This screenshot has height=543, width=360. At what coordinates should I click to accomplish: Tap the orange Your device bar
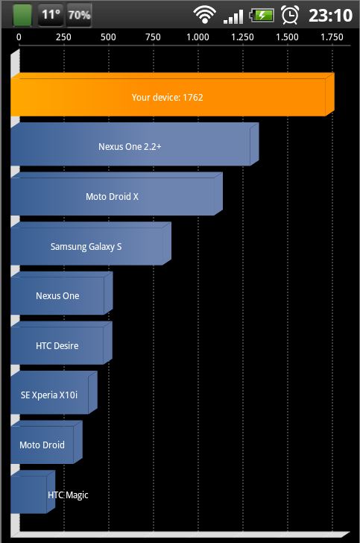coord(172,95)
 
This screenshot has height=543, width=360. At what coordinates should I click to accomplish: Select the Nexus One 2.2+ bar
coord(135,144)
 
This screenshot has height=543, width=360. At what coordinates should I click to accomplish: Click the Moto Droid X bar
coord(117,194)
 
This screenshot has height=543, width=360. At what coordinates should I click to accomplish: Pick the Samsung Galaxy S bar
coord(91,244)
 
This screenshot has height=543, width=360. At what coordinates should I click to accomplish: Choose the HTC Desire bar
coord(61,343)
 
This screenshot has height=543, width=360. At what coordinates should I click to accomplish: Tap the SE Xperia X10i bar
coord(54,392)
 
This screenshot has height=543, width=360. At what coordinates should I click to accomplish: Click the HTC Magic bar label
coord(68,495)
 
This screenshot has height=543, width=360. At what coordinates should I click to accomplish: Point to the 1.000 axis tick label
coord(198,37)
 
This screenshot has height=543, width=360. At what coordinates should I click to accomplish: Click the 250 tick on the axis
coord(63,37)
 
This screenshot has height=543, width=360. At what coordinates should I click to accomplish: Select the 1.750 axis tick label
coord(332,37)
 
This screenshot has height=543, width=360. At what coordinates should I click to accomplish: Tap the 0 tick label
coord(19,37)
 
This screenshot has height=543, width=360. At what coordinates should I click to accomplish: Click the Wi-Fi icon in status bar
coord(204,15)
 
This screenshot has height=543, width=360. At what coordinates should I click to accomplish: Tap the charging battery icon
coord(262,15)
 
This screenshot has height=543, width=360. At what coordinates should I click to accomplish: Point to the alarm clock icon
coord(290,15)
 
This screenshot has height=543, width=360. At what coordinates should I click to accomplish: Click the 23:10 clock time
coord(331,15)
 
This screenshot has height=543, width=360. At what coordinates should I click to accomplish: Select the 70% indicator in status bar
coord(79,15)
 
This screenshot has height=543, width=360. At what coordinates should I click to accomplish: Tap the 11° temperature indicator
coord(51,15)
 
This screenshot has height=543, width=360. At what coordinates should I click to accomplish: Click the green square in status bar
coord(22,15)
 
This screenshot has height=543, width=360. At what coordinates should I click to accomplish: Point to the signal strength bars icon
coord(233,16)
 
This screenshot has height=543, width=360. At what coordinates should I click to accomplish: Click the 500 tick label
coord(108,37)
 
